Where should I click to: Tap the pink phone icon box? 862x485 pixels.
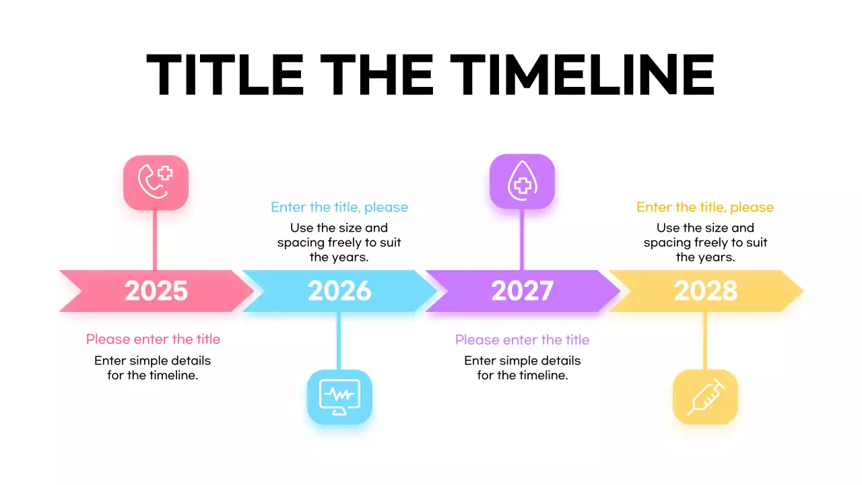click(156, 183)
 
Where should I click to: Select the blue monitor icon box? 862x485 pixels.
click(339, 397)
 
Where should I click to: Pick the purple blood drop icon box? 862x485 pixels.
click(522, 181)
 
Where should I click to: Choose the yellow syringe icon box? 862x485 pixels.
click(705, 397)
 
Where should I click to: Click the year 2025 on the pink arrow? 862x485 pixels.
click(156, 291)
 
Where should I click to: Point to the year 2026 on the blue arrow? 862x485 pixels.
click(339, 291)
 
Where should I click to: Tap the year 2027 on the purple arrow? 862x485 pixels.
click(523, 291)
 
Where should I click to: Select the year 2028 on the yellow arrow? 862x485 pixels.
click(706, 291)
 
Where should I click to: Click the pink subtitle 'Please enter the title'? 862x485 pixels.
click(153, 339)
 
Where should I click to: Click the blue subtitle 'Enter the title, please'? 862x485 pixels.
click(339, 207)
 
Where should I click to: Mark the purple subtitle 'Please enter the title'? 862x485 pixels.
click(522, 339)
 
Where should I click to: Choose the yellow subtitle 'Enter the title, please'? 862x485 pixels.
click(705, 207)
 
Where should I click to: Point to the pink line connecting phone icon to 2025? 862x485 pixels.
click(156, 240)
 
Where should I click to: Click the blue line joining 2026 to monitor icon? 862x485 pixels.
click(339, 340)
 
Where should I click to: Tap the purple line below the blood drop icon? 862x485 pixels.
click(522, 240)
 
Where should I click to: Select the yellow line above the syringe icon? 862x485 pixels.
click(705, 340)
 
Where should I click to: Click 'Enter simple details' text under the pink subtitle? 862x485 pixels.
click(153, 361)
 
